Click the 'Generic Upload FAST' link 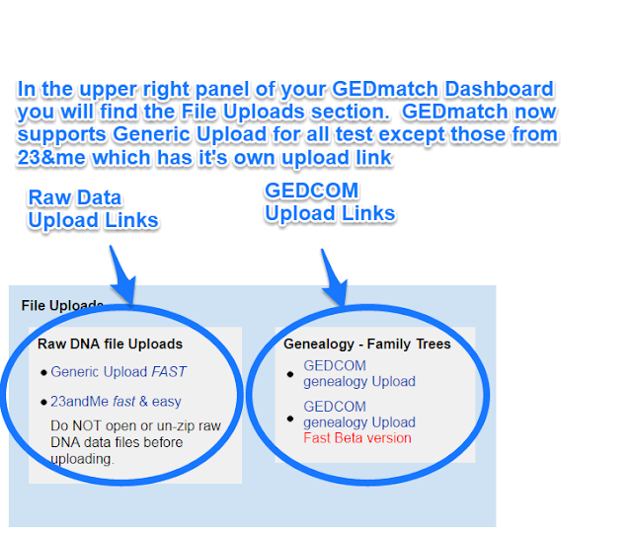tap(118, 371)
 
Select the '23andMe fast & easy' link tap(117, 401)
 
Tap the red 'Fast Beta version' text tap(357, 438)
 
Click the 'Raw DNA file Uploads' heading tap(110, 344)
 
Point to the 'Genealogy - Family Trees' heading tap(367, 344)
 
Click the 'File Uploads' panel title tap(62, 305)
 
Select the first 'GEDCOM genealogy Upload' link tap(359, 373)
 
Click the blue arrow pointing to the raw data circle tap(122, 275)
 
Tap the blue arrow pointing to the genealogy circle tap(335, 277)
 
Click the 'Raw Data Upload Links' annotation tap(93, 209)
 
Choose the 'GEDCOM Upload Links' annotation tap(330, 201)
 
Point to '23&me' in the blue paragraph tap(50, 158)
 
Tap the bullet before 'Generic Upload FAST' tap(43, 373)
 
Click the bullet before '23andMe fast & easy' tap(43, 403)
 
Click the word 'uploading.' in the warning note tap(83, 459)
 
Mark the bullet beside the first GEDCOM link tap(290, 374)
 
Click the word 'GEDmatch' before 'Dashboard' tap(385, 89)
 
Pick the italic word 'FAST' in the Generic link tap(169, 371)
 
